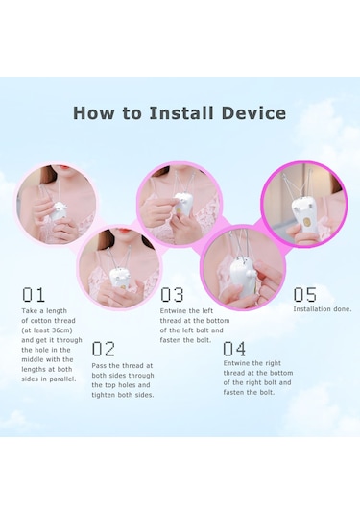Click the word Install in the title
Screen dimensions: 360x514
181,112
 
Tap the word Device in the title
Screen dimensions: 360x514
253,112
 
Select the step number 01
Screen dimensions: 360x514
33,294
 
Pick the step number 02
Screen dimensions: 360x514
103,349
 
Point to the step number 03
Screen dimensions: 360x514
172,294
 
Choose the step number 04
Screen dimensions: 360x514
234,348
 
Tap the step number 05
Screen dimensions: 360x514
304,294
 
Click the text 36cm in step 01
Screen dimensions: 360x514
60,330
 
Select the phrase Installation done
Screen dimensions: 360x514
323,309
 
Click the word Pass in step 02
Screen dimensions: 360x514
99,365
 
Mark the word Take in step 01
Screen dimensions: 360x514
29,310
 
